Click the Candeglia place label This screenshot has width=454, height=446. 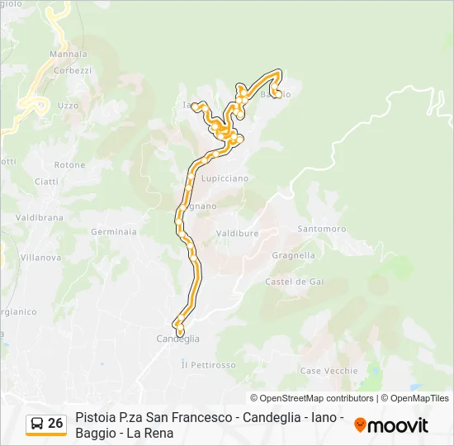click(x=178, y=339)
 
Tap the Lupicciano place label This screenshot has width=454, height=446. click(x=225, y=178)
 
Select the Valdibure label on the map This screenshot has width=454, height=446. click(x=237, y=234)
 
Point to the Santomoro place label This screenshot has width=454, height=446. click(x=321, y=228)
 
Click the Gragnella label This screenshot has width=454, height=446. click(x=293, y=256)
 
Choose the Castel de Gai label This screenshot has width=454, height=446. click(x=294, y=282)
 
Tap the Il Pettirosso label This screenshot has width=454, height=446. click(x=208, y=364)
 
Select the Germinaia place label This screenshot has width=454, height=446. click(x=114, y=232)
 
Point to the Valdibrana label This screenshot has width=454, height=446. click(x=40, y=217)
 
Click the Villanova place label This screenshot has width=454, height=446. click(x=40, y=258)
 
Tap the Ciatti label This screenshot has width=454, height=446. click(x=46, y=182)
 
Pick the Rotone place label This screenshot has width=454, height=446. click(x=70, y=165)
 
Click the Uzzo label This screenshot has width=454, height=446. click(x=69, y=105)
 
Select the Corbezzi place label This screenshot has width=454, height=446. click(x=73, y=71)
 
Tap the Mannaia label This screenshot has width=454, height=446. click(x=63, y=55)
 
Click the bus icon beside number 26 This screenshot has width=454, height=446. click(x=36, y=424)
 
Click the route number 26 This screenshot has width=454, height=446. click(x=55, y=424)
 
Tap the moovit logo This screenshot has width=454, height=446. click(x=391, y=425)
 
